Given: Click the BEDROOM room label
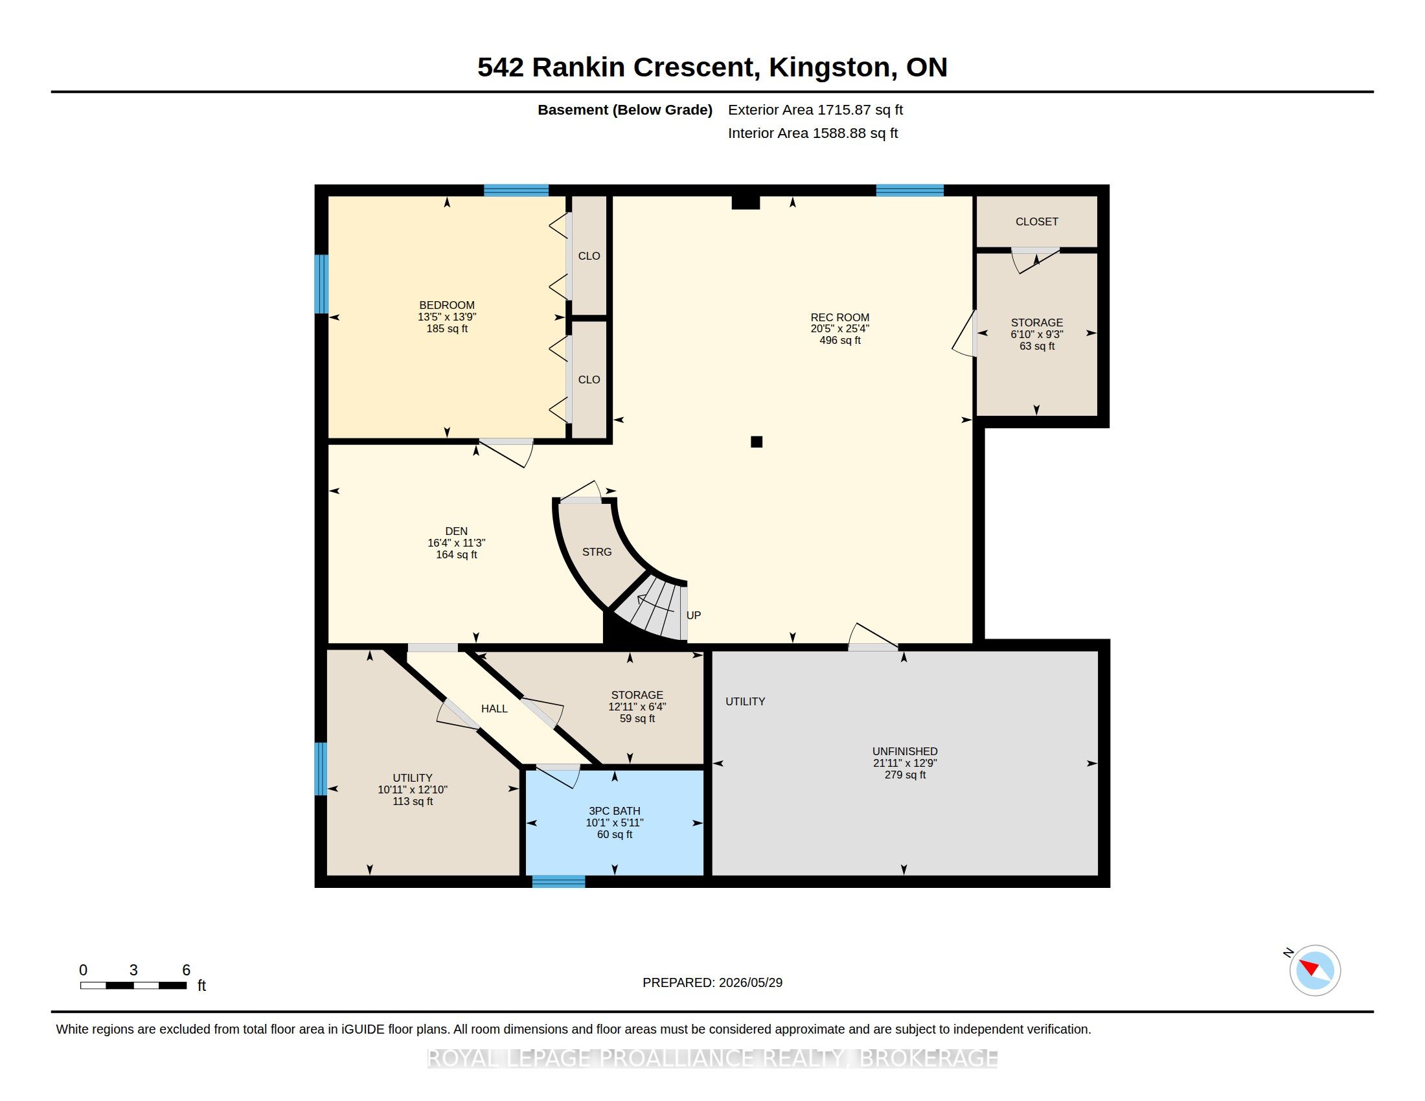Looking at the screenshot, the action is (x=447, y=305).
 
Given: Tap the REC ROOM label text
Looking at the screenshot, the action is (x=839, y=317).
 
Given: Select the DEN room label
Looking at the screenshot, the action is (x=457, y=531).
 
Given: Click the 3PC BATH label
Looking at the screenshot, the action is (x=615, y=811).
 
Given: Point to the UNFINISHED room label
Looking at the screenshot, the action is (x=905, y=751).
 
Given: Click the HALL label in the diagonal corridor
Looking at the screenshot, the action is (x=495, y=709).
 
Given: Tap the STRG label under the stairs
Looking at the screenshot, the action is (x=597, y=552).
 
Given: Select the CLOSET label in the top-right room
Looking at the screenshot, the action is (x=1037, y=221).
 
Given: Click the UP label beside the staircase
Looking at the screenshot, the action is (x=694, y=615).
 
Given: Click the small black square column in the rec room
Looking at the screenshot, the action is (x=756, y=442).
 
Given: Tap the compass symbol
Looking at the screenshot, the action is (x=1315, y=970).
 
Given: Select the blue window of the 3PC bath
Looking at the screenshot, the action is (x=558, y=881).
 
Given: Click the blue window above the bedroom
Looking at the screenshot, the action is (x=516, y=190).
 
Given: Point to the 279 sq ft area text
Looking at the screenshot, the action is (x=905, y=775).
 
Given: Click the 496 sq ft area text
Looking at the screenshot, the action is (x=839, y=341).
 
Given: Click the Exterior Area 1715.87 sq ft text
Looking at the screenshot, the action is (x=815, y=109).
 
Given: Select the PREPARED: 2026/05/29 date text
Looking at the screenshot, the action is (x=712, y=982).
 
